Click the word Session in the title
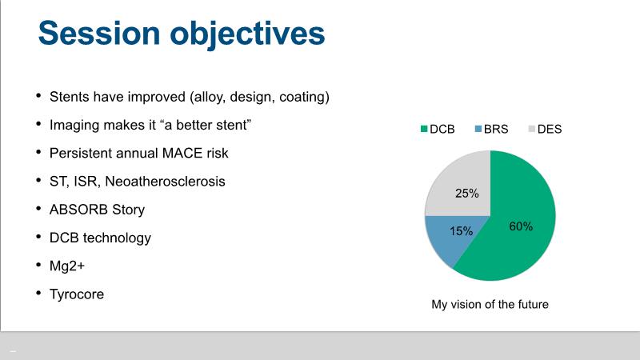click(99, 33)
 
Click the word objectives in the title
click(247, 35)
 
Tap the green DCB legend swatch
click(424, 129)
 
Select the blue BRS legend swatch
click(478, 129)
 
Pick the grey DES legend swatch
click(531, 129)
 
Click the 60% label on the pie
click(521, 226)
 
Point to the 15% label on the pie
click(462, 231)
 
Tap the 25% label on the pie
click(467, 193)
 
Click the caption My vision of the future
click(490, 305)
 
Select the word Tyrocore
click(77, 294)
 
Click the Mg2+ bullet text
click(67, 266)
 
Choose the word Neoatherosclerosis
click(165, 182)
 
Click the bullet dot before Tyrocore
click(38, 293)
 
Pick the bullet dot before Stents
click(38, 95)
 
